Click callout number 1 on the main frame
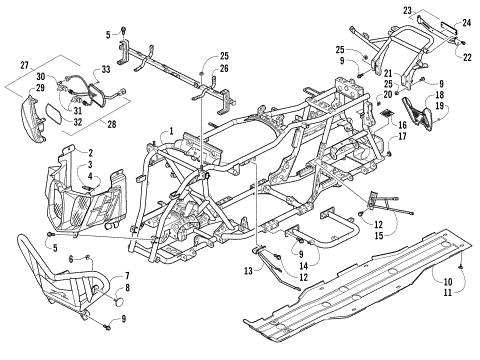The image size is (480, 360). tap(171, 131)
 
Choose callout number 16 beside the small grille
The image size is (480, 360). tap(403, 125)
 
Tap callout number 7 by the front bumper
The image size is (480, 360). tap(127, 275)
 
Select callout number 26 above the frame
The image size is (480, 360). tap(224, 68)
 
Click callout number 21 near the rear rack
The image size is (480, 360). tap(387, 73)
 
